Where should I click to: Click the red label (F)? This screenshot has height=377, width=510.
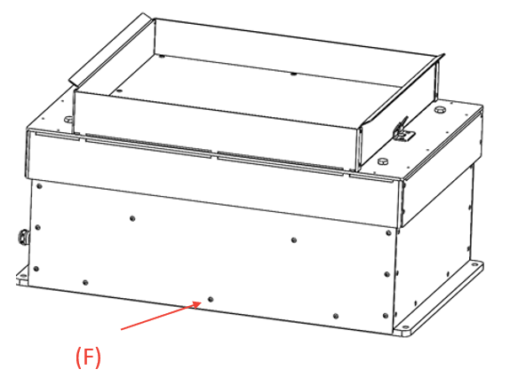(88, 357)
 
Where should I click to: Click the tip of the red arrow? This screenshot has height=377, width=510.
(202, 302)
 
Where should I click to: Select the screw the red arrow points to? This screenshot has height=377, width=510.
(211, 299)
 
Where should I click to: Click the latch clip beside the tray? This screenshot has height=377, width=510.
(403, 130)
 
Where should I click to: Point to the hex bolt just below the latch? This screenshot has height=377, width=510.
(383, 161)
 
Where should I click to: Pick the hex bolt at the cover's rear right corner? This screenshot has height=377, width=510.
(440, 108)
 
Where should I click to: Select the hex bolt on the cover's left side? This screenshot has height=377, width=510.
(68, 119)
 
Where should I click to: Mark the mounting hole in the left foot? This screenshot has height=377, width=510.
(23, 276)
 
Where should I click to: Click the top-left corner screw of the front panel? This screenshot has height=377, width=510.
(39, 186)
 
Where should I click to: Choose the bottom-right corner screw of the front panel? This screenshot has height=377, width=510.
(386, 316)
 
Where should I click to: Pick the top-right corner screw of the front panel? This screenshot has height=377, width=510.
(388, 232)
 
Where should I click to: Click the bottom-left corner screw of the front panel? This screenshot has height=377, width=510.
(36, 269)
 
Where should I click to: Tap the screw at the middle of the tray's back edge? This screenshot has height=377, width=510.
(294, 74)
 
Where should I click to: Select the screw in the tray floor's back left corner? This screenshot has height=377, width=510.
(162, 56)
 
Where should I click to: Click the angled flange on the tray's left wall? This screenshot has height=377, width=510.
(110, 50)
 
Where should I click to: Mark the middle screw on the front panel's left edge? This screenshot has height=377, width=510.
(37, 227)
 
